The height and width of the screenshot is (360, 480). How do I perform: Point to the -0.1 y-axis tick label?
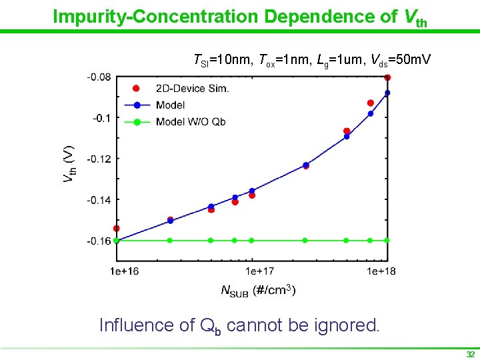[103, 118]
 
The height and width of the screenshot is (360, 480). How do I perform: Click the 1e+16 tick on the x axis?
[125, 271]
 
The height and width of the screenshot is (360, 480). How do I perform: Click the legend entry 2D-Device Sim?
[192, 89]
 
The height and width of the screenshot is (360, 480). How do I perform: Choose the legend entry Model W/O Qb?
[190, 122]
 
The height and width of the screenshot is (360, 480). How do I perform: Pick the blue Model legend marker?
[137, 105]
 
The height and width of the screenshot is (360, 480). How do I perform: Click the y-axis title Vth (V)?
[69, 164]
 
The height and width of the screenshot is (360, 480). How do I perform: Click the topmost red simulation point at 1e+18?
[387, 77]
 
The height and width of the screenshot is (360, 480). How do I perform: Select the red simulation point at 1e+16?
[117, 229]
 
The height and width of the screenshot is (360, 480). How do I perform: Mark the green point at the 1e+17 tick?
[251, 240]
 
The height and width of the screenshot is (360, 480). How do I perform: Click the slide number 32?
[470, 354]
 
